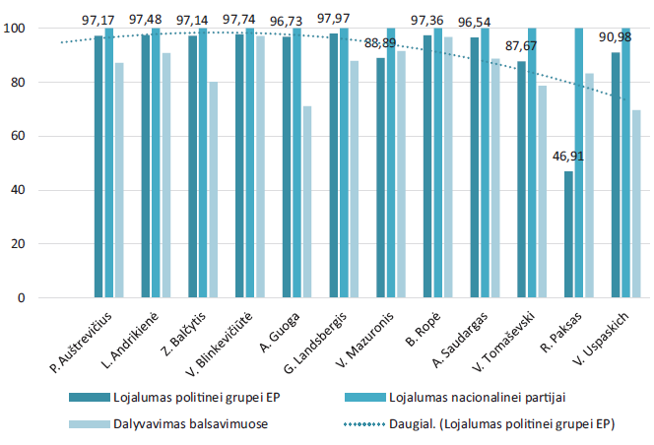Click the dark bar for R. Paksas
tap(568, 234)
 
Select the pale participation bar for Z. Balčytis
tap(213, 189)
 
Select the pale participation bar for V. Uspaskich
tap(636, 204)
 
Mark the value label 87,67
tap(523, 45)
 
